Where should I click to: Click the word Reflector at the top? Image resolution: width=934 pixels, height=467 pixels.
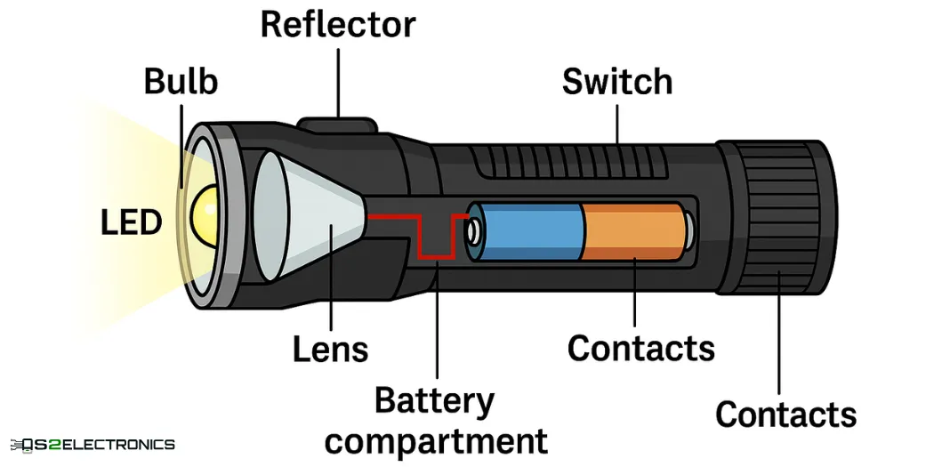tap(337, 25)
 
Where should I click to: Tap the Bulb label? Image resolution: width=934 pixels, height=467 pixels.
tap(181, 82)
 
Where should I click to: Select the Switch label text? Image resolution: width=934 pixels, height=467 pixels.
tap(616, 82)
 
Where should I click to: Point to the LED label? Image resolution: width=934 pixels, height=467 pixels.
tap(132, 221)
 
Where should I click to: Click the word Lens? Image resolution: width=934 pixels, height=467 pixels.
tap(330, 350)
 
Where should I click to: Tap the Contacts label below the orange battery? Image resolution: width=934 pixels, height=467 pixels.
tap(640, 349)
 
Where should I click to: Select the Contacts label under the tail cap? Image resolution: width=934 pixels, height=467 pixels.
tap(785, 415)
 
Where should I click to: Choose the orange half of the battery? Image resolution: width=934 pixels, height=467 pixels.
tap(633, 231)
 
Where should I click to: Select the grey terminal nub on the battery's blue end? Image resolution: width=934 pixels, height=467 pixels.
tap(473, 231)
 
